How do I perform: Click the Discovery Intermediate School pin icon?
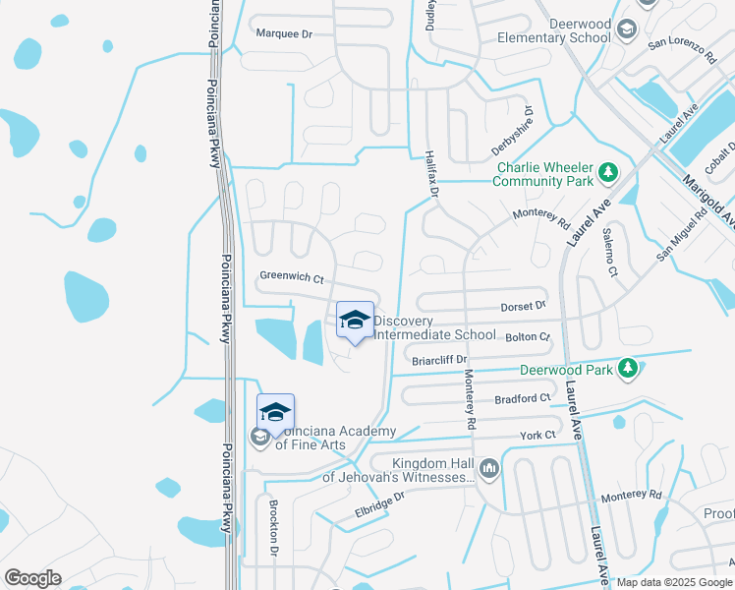pos(356,321)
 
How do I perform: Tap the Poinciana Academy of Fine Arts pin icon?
pos(276,413)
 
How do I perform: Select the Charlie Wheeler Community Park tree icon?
pos(609,173)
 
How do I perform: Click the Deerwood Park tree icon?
pos(625,370)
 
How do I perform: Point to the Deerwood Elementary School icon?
pos(625,30)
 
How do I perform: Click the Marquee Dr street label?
pos(283,33)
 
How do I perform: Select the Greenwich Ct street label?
pos(291,278)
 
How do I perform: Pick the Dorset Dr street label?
pos(523,306)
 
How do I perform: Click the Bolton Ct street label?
pos(528,337)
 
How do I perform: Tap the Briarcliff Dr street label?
pos(438,360)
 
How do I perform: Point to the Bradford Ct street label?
pos(523,398)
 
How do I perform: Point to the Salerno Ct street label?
pos(610,251)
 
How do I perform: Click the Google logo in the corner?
pos(32,578)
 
